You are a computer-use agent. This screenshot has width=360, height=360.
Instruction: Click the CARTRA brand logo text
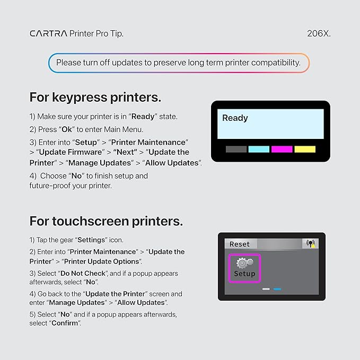pos(48,33)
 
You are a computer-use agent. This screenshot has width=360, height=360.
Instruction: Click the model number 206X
pos(319,33)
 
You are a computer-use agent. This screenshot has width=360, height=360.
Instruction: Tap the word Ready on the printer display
pos(235,118)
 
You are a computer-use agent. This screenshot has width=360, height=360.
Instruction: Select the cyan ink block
pos(259,150)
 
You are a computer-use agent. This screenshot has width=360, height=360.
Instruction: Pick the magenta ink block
pos(282,150)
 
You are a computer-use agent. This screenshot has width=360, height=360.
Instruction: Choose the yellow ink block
pos(304,150)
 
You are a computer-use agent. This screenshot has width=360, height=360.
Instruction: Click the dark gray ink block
pos(236,150)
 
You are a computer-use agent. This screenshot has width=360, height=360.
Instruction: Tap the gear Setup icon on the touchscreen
pos(244,267)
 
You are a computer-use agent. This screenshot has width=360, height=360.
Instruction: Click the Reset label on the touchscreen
pos(240,244)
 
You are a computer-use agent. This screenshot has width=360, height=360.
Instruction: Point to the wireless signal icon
pos(309,244)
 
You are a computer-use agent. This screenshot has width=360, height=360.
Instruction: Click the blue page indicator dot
pos(277,289)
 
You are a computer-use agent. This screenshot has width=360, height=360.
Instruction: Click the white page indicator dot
pos(266,289)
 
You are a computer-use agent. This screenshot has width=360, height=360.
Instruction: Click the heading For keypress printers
pos(95,98)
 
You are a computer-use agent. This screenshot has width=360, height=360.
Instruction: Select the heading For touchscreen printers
pos(106,221)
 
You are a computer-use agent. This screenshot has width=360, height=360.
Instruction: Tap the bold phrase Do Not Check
pos(84,274)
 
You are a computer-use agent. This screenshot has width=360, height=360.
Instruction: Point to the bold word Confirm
pos(65,323)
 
